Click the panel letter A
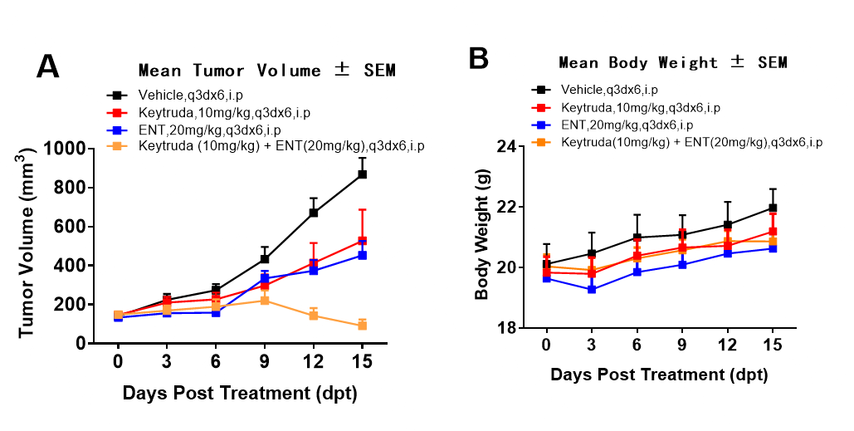48,66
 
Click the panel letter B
479,59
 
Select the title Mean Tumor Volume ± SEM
266,71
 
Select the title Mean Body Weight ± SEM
672,62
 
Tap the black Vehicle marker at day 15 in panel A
363,174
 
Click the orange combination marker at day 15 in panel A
363,326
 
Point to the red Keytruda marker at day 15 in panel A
363,241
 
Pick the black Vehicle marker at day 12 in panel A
314,213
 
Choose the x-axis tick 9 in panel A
265,362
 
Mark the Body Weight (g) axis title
482,235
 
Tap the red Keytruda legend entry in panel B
640,107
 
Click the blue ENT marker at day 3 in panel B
592,289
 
